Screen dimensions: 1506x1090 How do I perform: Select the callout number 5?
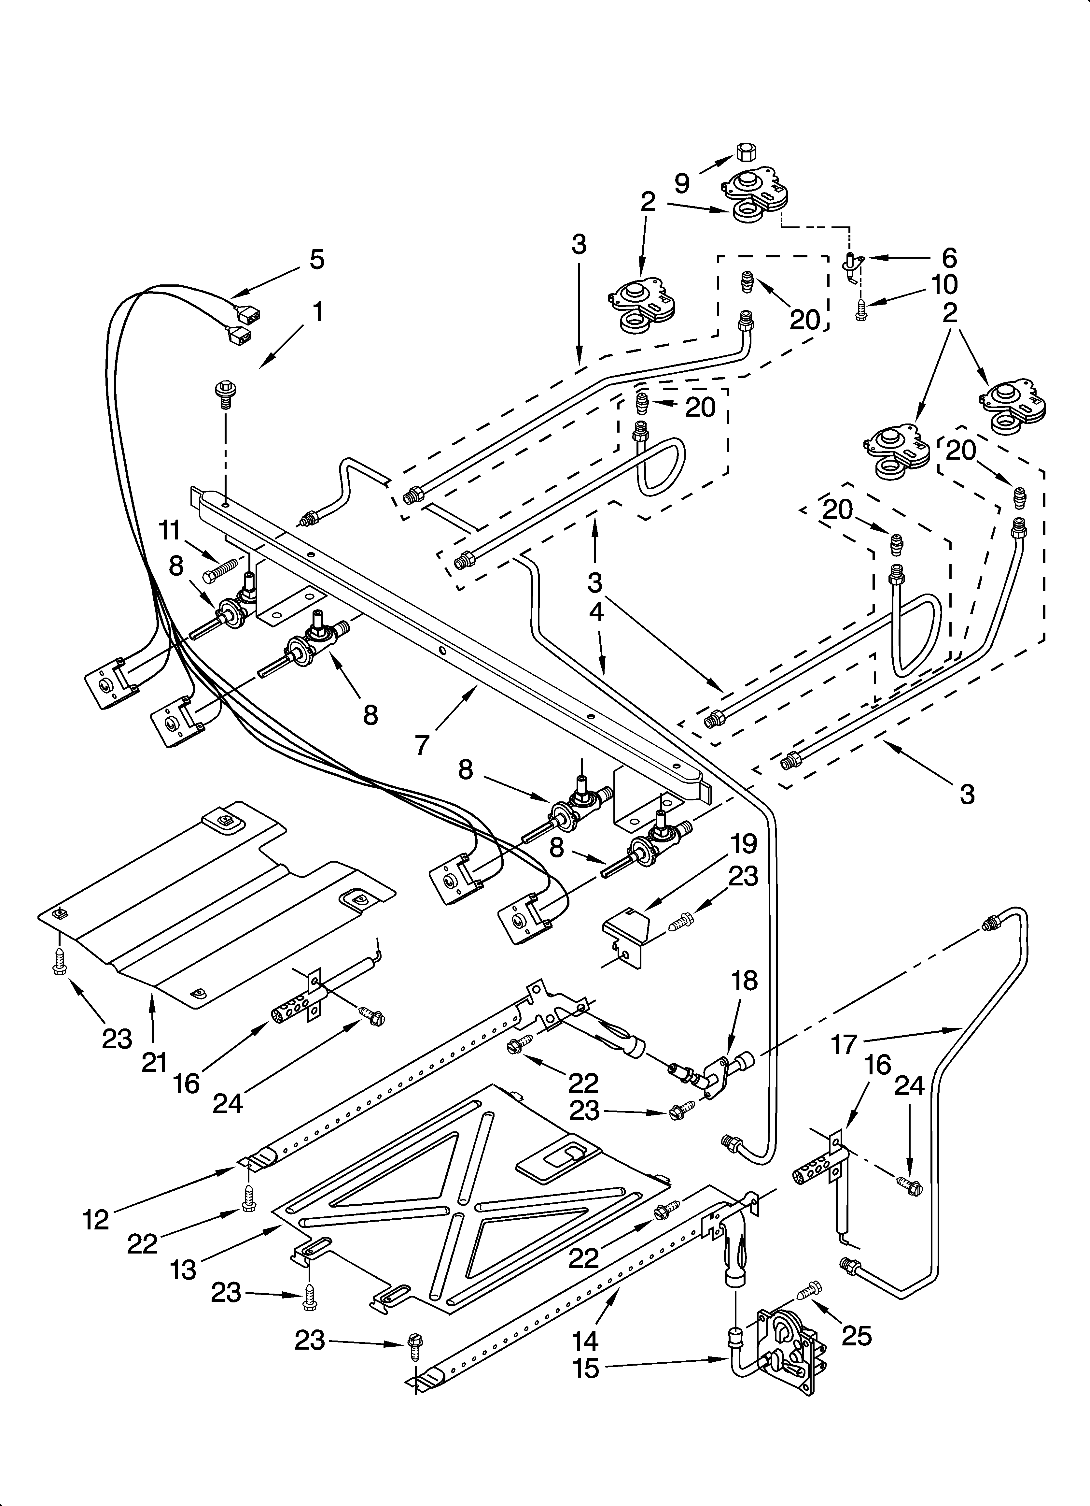coord(317,260)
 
